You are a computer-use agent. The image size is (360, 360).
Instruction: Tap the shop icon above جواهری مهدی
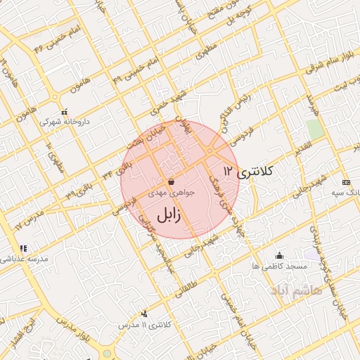pyautogui.click(x=172, y=181)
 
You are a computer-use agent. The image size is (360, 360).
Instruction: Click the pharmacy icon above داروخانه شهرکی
pyautogui.click(x=65, y=112)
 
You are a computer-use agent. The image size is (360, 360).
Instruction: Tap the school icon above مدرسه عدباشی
pyautogui.click(x=23, y=248)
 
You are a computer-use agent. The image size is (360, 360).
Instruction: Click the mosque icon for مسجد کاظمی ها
pyautogui.click(x=280, y=256)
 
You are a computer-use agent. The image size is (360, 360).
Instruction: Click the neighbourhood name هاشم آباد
pyautogui.click(x=295, y=289)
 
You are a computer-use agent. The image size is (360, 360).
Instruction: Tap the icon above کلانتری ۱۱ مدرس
pyautogui.click(x=145, y=314)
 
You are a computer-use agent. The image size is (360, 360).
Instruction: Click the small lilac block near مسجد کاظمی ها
pyautogui.click(x=309, y=254)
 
